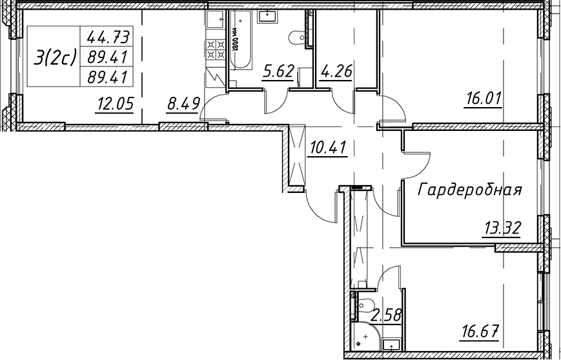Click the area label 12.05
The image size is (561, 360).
pyautogui.click(x=114, y=105)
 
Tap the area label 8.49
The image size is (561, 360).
pyautogui.click(x=182, y=105)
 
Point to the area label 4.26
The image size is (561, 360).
pyautogui.click(x=335, y=72)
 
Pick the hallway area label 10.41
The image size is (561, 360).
pyautogui.click(x=328, y=147)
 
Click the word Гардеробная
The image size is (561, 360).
pyautogui.click(x=470, y=190)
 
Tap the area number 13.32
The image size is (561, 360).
pyautogui.click(x=502, y=228)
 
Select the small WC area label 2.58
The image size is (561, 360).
pyautogui.click(x=387, y=316)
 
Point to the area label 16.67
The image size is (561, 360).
pyautogui.click(x=479, y=333)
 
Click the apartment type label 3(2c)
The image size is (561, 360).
pyautogui.click(x=55, y=57)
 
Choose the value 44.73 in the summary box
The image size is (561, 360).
pyautogui.click(x=107, y=37)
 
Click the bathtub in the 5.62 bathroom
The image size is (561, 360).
pyautogui.click(x=240, y=39)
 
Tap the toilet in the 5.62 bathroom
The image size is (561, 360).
pyautogui.click(x=296, y=37)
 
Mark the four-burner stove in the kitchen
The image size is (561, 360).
pyautogui.click(x=216, y=50)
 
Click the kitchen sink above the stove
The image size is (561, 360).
pyautogui.click(x=216, y=19)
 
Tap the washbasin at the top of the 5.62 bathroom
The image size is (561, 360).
pyautogui.click(x=267, y=16)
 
